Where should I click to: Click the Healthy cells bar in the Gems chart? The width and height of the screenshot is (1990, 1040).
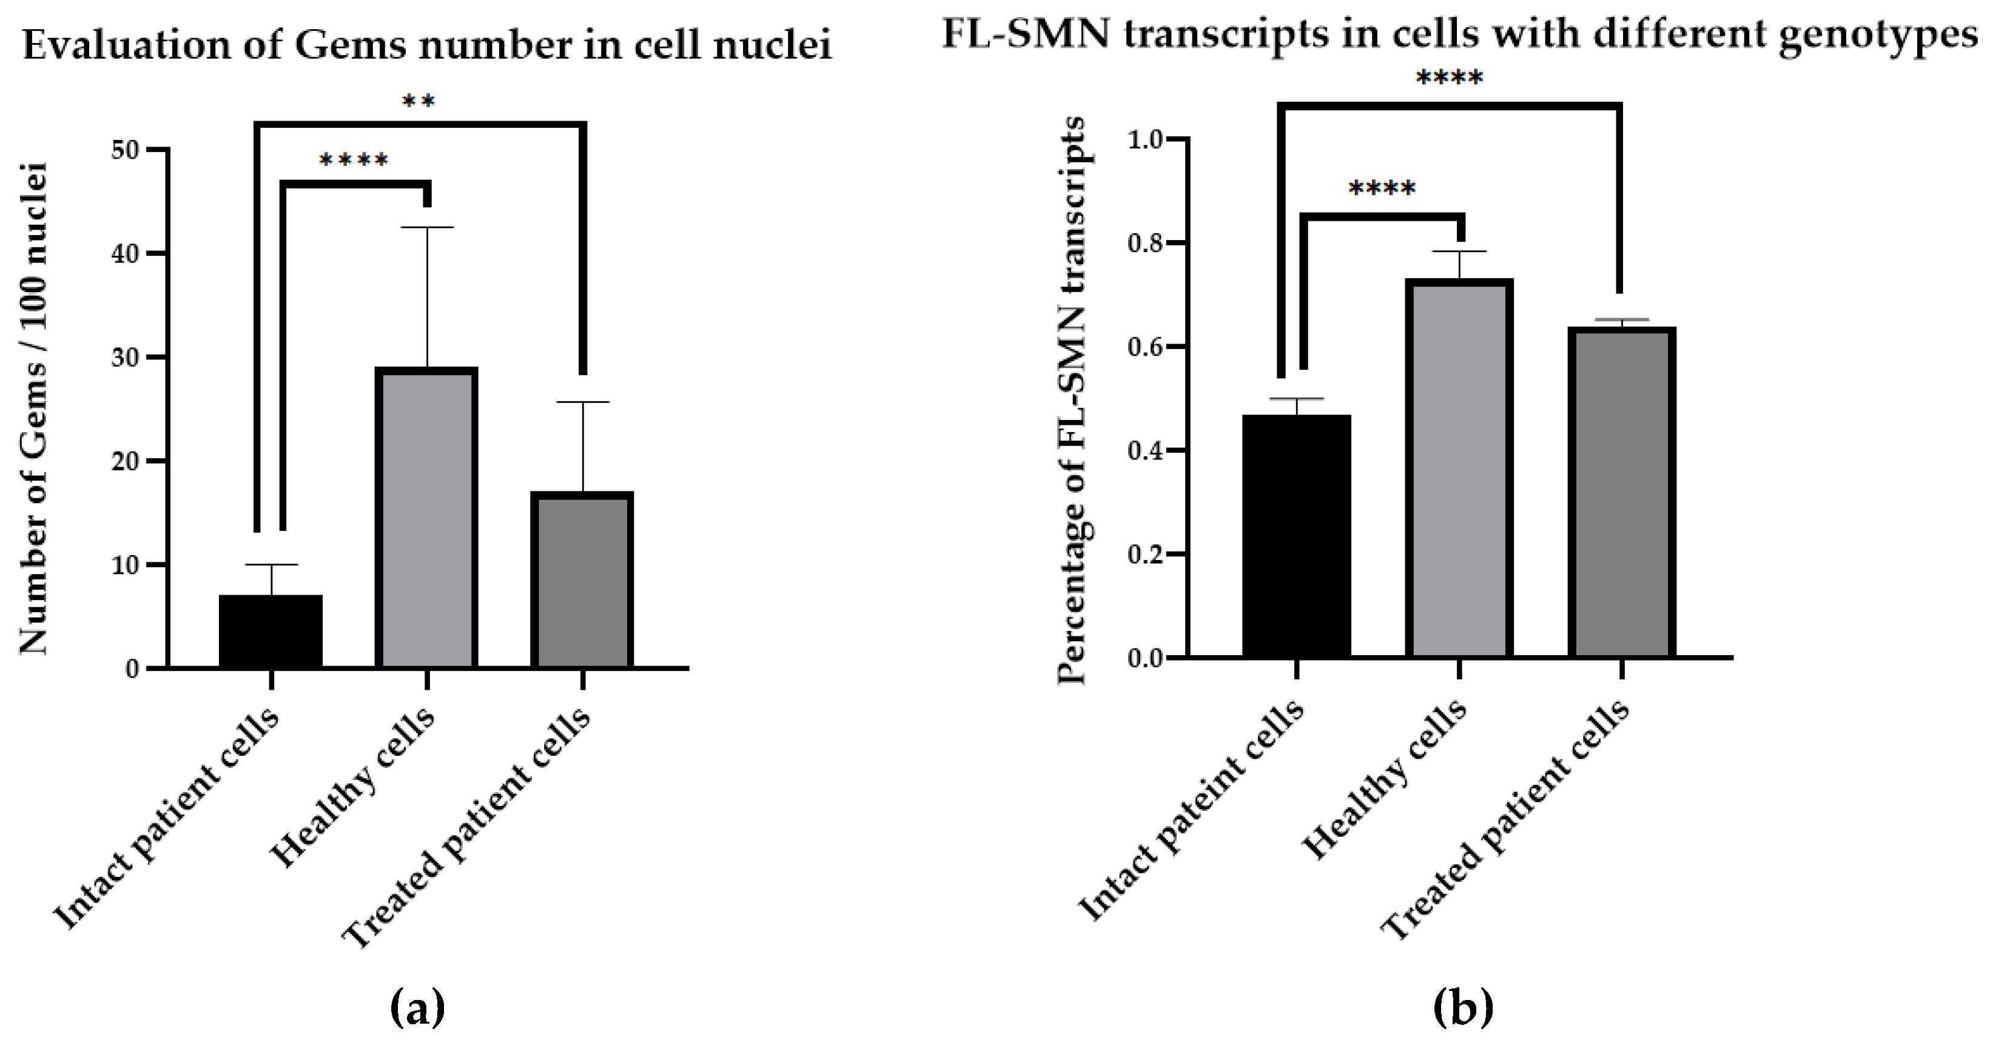[426, 518]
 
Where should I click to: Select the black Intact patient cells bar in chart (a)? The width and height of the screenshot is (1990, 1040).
[271, 631]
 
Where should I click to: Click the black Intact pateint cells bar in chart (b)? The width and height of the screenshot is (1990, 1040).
[1296, 536]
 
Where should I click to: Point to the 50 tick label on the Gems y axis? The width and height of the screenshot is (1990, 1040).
[124, 150]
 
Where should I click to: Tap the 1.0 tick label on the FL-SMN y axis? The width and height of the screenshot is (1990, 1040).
[1146, 140]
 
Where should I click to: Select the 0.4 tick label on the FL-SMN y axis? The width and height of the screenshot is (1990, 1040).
[1146, 451]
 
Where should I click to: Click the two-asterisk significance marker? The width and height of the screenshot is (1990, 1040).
[419, 102]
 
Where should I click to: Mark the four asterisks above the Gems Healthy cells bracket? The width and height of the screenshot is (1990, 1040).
[354, 161]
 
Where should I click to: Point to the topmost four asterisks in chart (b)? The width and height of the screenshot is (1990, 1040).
[1448, 79]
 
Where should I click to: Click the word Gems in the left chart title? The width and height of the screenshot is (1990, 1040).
[351, 45]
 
